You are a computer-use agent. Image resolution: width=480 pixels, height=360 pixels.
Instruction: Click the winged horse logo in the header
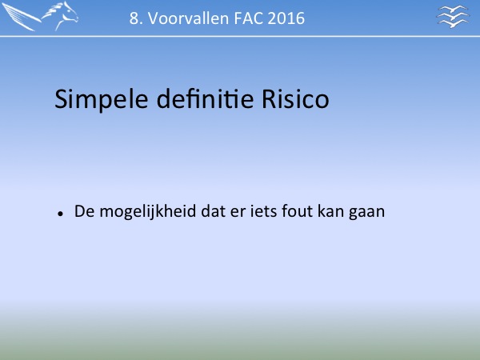pos(40,16)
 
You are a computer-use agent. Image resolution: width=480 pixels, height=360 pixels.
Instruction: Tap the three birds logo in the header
pos(453,17)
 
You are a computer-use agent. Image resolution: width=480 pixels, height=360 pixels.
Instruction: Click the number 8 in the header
pos(133,18)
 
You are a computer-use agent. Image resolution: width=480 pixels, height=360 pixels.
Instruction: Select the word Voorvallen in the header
pos(189,18)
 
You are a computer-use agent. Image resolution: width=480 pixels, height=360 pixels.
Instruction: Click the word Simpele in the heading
pos(102,99)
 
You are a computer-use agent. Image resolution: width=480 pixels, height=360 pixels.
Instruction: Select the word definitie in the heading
pos(205,98)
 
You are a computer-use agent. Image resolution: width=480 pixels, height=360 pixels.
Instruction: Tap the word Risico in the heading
pos(295,99)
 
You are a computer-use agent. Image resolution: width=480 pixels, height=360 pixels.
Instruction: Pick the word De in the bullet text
pos(84,211)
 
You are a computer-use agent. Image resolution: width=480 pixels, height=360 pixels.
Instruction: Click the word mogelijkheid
pos(148,212)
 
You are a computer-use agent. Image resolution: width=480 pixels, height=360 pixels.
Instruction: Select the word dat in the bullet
pos(213,211)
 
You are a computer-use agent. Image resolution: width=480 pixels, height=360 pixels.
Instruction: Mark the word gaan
pos(366,213)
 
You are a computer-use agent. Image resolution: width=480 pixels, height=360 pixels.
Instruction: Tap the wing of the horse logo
pos(21,17)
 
